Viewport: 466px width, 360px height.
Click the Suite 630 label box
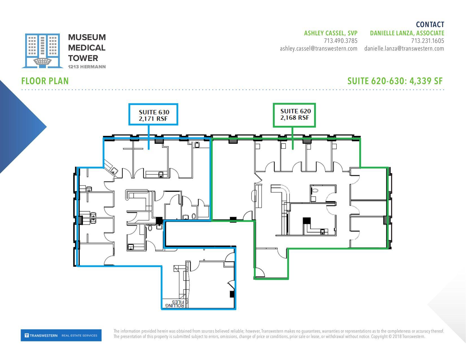153,114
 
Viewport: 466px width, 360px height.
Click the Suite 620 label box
294,115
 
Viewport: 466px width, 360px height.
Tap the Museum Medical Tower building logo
42,51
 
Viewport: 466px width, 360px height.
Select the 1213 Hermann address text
87,67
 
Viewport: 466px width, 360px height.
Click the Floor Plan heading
45,81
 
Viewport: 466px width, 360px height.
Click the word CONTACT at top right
430,25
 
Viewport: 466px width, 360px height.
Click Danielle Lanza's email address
404,49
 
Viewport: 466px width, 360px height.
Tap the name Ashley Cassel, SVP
331,33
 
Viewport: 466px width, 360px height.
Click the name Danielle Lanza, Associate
407,33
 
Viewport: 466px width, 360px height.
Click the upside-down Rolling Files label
175,304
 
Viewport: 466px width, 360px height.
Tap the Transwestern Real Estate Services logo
61,335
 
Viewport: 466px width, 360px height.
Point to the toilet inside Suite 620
314,191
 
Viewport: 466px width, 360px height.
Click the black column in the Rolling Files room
232,294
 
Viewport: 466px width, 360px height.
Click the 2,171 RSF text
153,119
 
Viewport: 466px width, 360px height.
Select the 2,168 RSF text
294,118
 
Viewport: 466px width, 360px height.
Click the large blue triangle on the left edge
17,127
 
